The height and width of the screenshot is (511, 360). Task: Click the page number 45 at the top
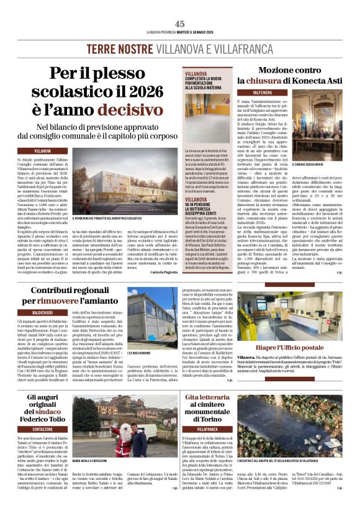[180, 24]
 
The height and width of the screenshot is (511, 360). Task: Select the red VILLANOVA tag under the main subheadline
[43, 151]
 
